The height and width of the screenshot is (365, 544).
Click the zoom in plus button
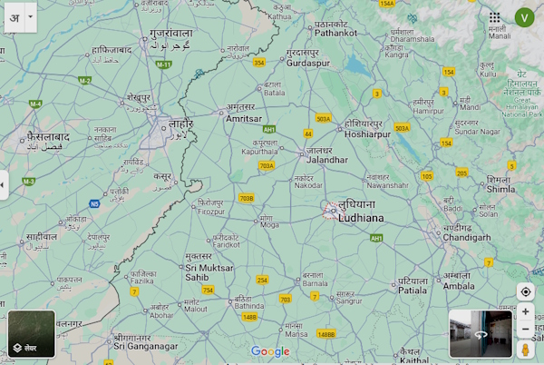525,311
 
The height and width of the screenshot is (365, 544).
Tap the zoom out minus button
525,330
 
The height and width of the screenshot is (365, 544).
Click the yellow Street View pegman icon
525,350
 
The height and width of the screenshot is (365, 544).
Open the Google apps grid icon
494,17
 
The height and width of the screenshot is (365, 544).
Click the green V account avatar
523,17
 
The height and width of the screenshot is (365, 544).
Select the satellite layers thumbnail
32,333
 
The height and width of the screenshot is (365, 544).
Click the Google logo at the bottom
270,351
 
